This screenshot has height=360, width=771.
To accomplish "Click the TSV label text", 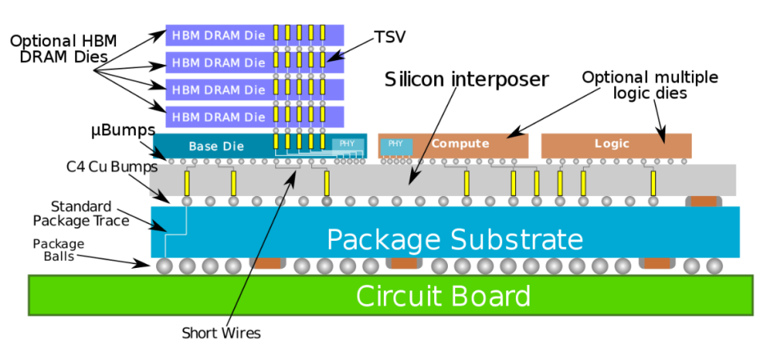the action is [x=390, y=38].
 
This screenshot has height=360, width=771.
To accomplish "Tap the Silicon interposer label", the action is [x=466, y=79].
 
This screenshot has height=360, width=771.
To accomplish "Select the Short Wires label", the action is [x=221, y=333].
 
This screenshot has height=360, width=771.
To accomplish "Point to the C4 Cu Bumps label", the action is [x=112, y=167].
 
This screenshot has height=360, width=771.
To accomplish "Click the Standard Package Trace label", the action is [x=81, y=213].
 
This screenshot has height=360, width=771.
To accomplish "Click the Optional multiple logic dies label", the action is [x=650, y=85].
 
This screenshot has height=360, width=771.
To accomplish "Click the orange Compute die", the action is [x=453, y=146].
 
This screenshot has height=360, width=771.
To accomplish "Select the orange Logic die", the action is [x=617, y=146].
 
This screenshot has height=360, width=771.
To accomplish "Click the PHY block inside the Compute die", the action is [x=395, y=146].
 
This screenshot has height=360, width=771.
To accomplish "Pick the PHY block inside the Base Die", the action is [x=348, y=145].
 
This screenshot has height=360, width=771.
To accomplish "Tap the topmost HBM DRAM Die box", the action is [x=254, y=35].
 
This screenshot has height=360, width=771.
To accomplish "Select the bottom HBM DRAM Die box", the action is [x=254, y=117].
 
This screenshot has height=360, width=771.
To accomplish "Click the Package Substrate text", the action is [x=455, y=239].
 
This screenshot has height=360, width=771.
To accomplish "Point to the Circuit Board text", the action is [x=443, y=296].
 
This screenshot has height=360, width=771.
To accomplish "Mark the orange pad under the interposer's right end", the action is [x=704, y=201].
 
